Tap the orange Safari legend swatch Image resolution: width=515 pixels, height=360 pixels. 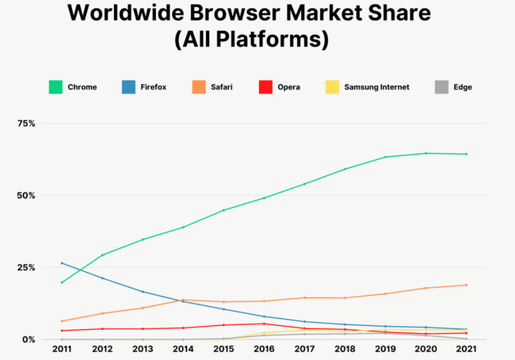(197, 86)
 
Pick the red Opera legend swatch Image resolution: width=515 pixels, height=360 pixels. (265, 86)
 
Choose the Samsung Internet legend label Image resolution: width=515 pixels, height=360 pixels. (376, 86)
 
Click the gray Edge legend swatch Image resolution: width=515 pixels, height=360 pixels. (442, 86)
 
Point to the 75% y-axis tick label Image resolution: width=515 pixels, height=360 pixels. (27, 124)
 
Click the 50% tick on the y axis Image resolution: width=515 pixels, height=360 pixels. (27, 196)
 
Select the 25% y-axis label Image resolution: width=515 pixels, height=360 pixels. (27, 268)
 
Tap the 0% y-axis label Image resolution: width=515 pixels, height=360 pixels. (29, 339)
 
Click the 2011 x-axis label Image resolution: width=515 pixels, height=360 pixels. (62, 350)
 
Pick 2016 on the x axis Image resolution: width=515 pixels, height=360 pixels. (265, 350)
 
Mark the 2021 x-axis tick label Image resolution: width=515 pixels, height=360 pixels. (467, 350)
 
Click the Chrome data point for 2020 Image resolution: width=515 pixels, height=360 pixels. (426, 153)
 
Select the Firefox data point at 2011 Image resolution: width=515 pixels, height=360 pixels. (62, 263)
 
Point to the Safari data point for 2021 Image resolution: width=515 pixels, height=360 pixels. (467, 285)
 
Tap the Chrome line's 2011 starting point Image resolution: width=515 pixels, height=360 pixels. (62, 282)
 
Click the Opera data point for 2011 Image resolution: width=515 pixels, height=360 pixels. (62, 331)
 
